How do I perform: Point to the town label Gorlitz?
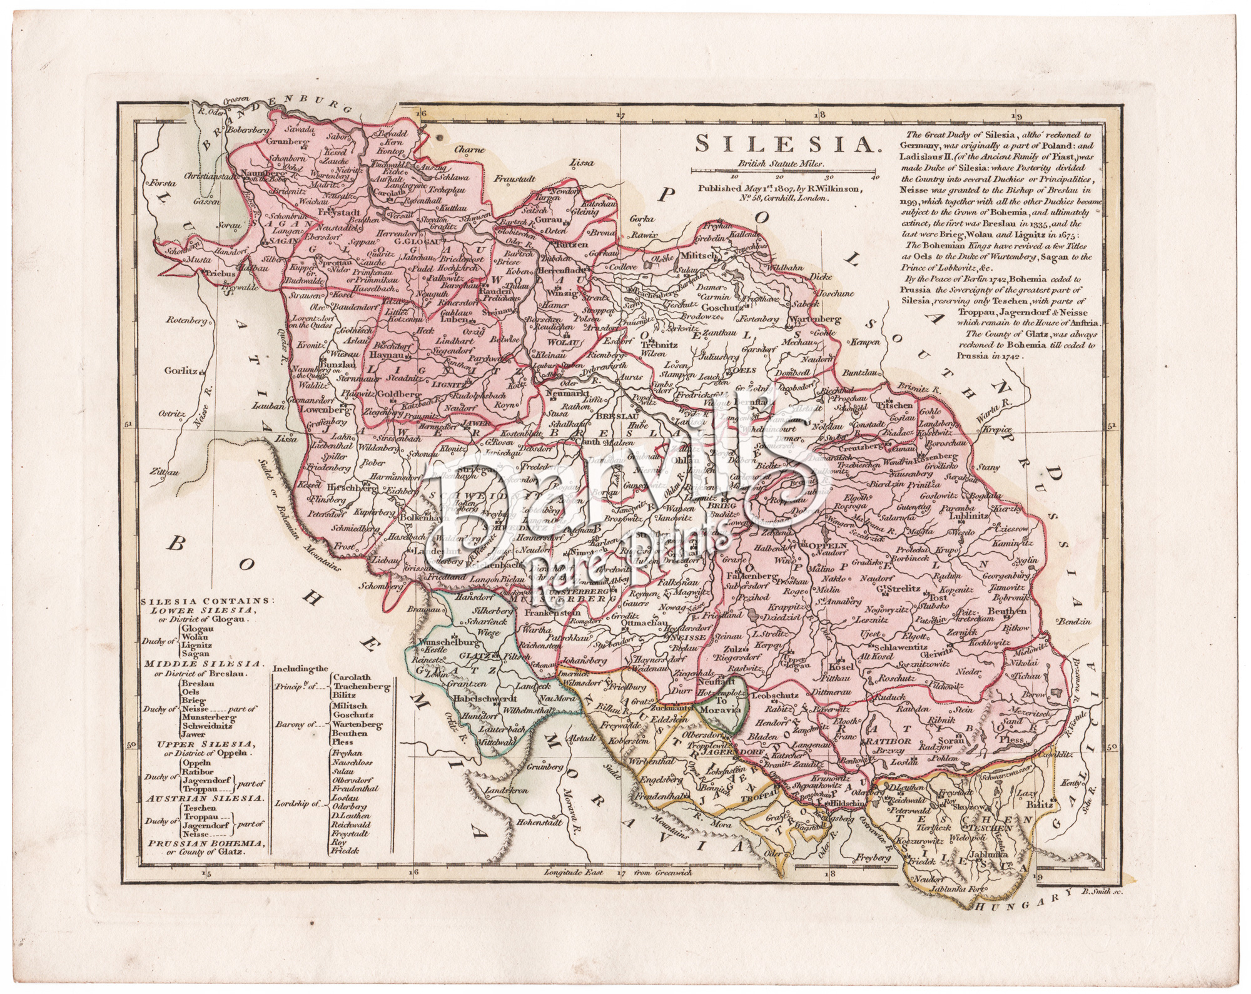181,370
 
